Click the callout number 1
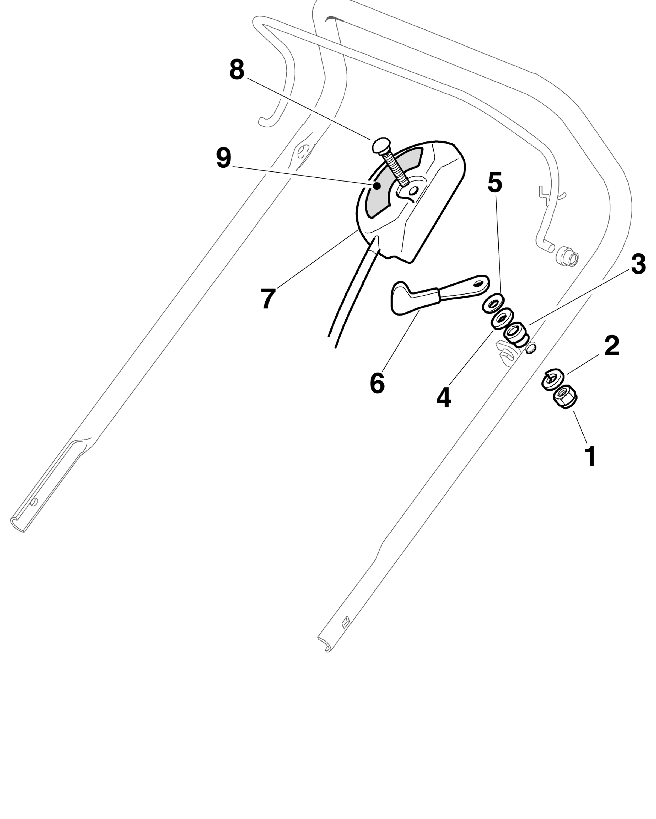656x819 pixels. (x=591, y=456)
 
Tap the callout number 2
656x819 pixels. (x=611, y=345)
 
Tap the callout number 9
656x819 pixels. (x=224, y=158)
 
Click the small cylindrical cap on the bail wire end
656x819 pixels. (x=567, y=257)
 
